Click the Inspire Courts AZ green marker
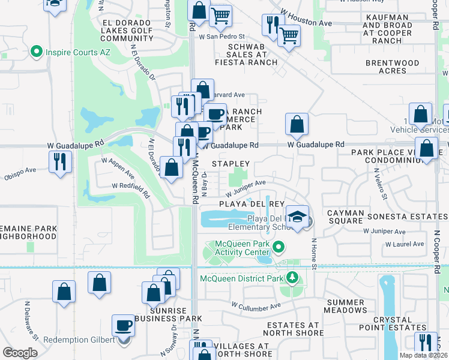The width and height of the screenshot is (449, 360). (36, 52)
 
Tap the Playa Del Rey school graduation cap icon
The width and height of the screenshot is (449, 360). (297, 216)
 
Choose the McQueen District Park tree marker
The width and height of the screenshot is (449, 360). (292, 277)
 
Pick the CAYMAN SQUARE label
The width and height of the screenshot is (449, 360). (345, 217)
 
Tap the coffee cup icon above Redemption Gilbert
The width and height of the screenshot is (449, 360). (124, 325)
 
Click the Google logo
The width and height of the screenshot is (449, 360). (20, 353)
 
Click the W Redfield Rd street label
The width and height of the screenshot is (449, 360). (130, 186)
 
